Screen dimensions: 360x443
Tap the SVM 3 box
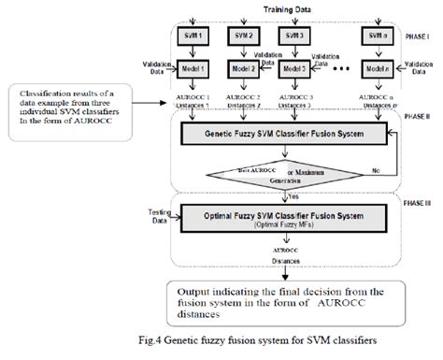[x=297, y=36]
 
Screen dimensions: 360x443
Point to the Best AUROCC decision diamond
[x=270, y=171]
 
